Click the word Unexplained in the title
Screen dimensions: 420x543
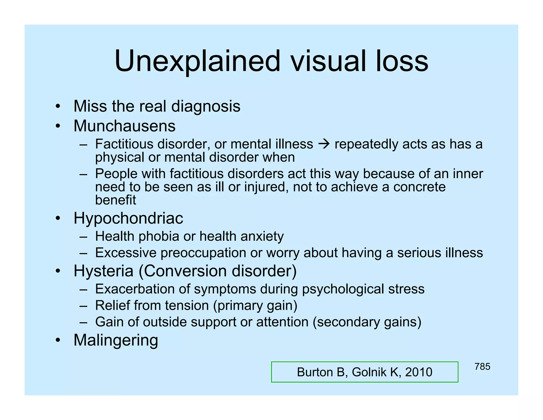(197, 62)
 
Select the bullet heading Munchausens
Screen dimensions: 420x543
(124, 126)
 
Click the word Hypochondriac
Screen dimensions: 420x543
(128, 218)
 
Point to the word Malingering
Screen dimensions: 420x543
(116, 340)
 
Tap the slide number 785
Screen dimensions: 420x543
(482, 367)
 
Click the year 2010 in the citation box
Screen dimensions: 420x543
(419, 372)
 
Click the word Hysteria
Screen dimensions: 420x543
(103, 271)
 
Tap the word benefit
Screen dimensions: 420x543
(115, 200)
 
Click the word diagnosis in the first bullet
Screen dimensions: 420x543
(206, 106)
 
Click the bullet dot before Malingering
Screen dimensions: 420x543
(58, 340)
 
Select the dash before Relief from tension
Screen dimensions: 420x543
(83, 306)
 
